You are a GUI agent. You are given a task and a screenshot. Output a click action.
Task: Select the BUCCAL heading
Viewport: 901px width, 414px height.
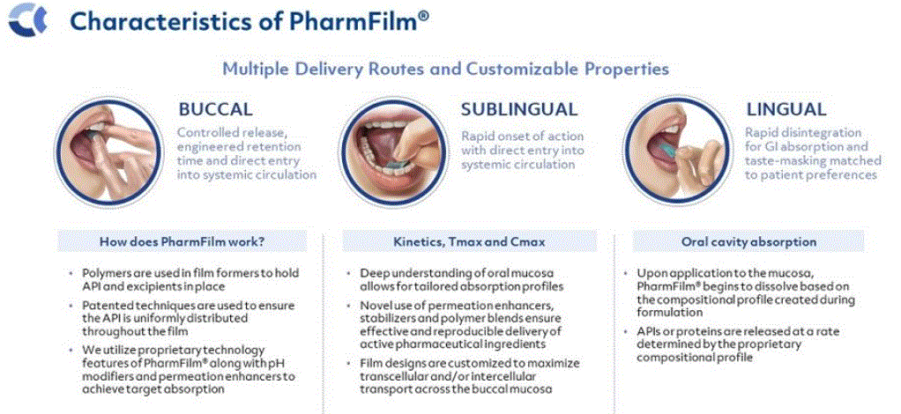click(215, 109)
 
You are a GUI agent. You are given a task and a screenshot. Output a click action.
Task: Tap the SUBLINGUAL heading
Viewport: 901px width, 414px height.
click(519, 109)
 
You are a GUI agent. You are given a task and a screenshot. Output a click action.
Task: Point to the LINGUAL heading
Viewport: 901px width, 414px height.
click(786, 109)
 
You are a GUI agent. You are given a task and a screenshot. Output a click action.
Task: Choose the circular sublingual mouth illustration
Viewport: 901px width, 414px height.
click(393, 151)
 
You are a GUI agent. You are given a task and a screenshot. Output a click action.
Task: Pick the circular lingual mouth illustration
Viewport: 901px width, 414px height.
click(678, 151)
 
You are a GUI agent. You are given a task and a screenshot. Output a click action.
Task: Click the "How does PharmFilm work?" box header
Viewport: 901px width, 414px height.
click(182, 241)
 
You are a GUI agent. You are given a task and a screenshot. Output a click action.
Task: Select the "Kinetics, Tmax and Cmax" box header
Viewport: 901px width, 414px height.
click(470, 241)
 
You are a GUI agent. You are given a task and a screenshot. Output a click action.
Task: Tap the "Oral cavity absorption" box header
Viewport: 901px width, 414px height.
click(748, 241)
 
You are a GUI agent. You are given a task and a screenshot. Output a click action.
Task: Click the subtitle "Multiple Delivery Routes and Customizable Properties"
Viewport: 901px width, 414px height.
click(446, 69)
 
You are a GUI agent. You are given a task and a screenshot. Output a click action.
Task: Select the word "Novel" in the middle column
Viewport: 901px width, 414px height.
click(375, 306)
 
